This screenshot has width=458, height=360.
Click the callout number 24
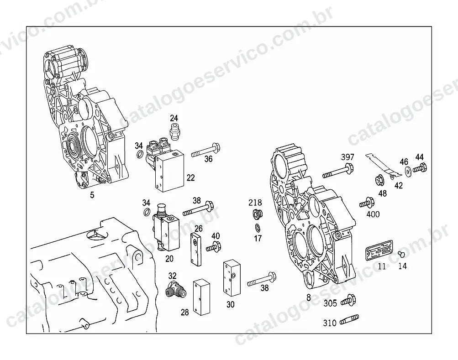[174, 118]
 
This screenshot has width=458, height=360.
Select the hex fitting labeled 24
[174, 131]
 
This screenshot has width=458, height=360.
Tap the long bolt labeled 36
[205, 150]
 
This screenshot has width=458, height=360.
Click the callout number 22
[191, 177]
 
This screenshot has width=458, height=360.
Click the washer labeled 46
[408, 172]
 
